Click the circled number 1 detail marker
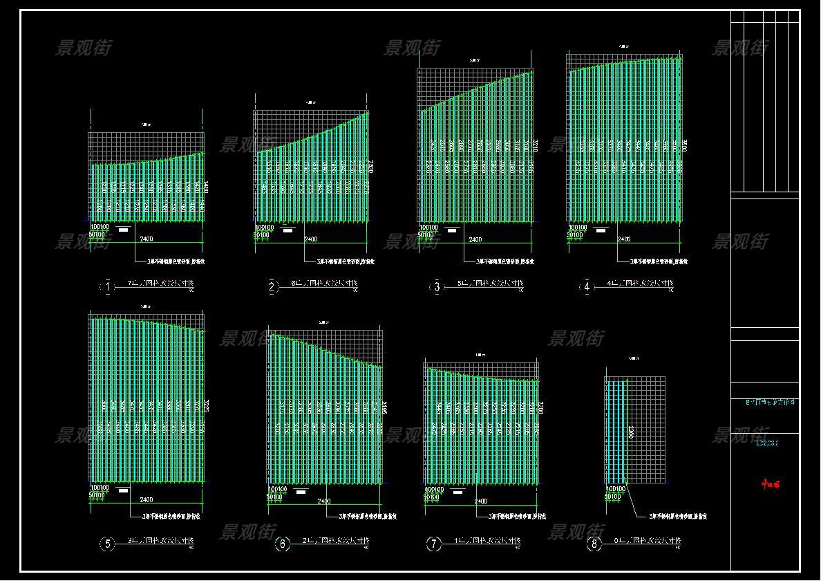point(107,287)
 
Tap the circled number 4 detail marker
point(587,287)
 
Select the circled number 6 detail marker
point(282,544)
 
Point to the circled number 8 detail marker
point(594,544)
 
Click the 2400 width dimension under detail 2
point(311,239)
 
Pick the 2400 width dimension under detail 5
point(147,499)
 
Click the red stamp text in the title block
point(766,484)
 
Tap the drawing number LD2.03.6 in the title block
point(765,443)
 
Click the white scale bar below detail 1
point(124,228)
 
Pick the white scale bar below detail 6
point(301,492)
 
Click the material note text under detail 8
point(677,516)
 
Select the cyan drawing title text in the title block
point(765,402)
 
